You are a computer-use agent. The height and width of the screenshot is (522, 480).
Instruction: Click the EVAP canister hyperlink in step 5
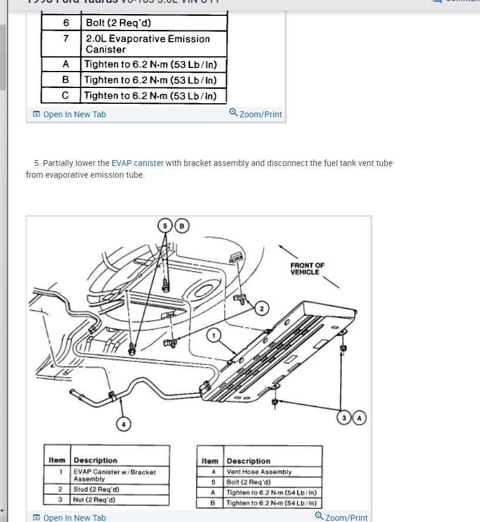coord(137,163)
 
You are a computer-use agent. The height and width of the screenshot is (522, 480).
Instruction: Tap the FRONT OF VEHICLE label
coord(307,269)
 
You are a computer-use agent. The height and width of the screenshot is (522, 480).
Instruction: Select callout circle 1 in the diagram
coord(214,335)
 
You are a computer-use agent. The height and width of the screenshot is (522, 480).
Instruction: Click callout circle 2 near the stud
coord(262,308)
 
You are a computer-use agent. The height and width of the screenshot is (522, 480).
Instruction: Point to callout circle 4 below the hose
coord(123,423)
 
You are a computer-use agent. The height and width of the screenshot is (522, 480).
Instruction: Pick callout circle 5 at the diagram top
coord(165,225)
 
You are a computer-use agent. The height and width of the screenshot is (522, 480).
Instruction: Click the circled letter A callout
coord(359,418)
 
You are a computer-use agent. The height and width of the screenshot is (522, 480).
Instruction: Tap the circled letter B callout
coord(182,225)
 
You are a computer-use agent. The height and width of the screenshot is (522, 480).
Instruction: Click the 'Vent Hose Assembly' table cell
coord(259,472)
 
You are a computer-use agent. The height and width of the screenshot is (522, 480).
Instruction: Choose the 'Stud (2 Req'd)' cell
coord(97,489)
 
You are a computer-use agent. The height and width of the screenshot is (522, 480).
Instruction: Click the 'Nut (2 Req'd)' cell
coord(95,500)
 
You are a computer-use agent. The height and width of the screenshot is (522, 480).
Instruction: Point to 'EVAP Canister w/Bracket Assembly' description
coord(115,475)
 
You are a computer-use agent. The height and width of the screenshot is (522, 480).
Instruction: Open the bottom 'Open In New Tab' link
coord(75,518)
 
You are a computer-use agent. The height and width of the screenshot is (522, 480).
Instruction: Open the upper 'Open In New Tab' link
coord(75,114)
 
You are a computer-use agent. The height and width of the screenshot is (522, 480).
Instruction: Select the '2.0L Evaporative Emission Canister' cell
coord(147,44)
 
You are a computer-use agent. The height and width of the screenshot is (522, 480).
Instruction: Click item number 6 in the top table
coord(66,23)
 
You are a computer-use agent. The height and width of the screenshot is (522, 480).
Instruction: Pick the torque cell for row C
coord(150,96)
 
